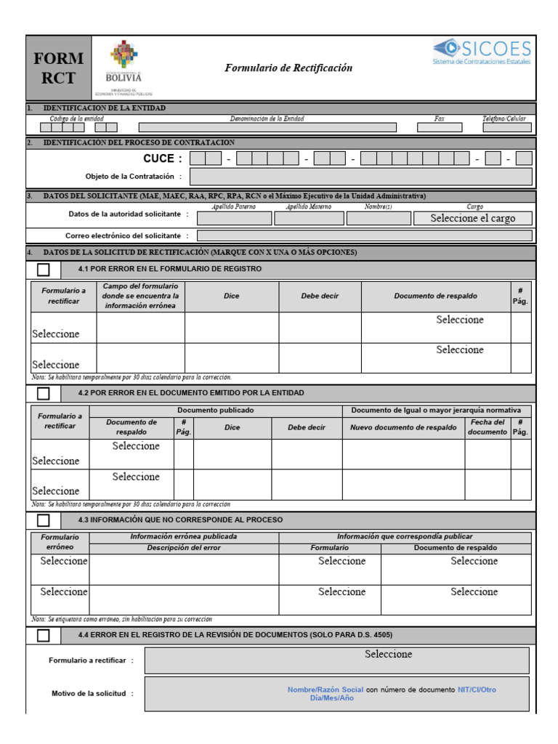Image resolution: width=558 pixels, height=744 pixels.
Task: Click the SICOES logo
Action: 482,52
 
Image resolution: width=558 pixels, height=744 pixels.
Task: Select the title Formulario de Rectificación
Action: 288,68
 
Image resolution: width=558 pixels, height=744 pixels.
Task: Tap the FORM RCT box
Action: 58,68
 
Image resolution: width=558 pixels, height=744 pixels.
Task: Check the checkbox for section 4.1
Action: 44,270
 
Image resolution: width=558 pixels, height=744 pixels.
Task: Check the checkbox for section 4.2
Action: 44,393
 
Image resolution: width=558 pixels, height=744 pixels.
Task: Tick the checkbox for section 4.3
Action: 44,520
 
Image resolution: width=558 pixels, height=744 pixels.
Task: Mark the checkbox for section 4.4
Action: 44,635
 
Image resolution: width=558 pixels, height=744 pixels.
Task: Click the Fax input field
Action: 439,127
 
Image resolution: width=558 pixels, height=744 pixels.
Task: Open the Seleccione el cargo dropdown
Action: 472,218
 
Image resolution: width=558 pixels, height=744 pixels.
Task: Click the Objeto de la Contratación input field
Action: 360,177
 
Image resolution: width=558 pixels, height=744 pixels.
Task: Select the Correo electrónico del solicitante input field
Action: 364,235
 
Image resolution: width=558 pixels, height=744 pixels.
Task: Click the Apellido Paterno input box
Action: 234,218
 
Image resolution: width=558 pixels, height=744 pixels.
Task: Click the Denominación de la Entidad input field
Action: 267,127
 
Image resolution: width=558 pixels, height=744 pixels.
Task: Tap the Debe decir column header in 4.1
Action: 320,296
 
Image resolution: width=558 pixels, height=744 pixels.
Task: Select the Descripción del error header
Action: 183,547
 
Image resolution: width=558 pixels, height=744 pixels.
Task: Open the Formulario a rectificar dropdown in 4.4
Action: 336,660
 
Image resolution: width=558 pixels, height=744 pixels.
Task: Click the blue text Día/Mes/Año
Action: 331,697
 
